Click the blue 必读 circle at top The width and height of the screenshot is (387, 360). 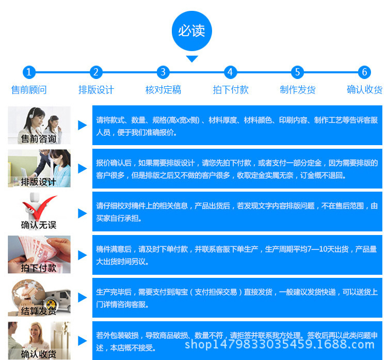coord(192,31)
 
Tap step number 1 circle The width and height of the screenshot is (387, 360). coord(29,72)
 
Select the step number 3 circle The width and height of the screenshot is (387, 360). coord(163,72)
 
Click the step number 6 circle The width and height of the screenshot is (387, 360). coord(364,72)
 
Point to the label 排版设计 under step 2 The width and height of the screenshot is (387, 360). coord(96,90)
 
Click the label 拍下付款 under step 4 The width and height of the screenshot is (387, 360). coord(231,90)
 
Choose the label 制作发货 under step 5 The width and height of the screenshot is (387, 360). coord(298,90)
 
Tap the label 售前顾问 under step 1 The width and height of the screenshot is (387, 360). coord(29,90)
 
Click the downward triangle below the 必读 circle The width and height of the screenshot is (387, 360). coord(192,59)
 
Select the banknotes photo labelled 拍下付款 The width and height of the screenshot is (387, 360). coord(39,255)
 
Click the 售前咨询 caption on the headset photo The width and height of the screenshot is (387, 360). coord(38,139)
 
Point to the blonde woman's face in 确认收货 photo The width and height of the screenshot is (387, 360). coord(35,332)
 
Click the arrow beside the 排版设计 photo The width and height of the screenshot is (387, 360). coord(83,168)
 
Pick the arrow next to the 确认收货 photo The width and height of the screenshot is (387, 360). coord(83,341)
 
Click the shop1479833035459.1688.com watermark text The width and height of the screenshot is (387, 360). coord(280,344)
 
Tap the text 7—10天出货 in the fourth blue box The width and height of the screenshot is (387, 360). coord(328,249)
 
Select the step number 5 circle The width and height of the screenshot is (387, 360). coord(297,72)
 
